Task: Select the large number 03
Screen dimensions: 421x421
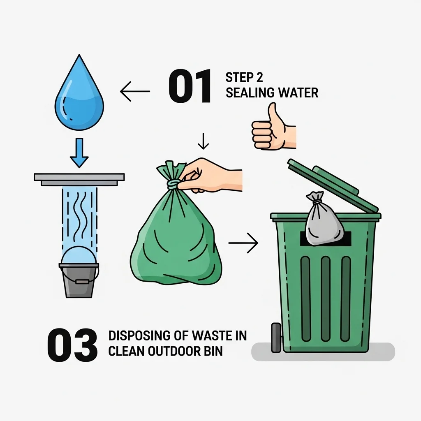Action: pyautogui.click(x=72, y=345)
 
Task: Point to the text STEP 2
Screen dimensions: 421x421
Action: pyautogui.click(x=244, y=77)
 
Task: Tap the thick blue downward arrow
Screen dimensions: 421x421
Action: pyautogui.click(x=79, y=153)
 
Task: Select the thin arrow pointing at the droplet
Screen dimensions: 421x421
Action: pyautogui.click(x=135, y=91)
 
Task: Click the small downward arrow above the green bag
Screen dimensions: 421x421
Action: pyautogui.click(x=203, y=141)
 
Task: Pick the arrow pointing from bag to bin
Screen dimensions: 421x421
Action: pyautogui.click(x=243, y=243)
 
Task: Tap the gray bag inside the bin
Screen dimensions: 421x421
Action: pyautogui.click(x=324, y=219)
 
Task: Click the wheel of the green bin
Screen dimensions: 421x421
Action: pyautogui.click(x=276, y=338)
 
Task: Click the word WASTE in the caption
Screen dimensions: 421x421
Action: pyautogui.click(x=210, y=335)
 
